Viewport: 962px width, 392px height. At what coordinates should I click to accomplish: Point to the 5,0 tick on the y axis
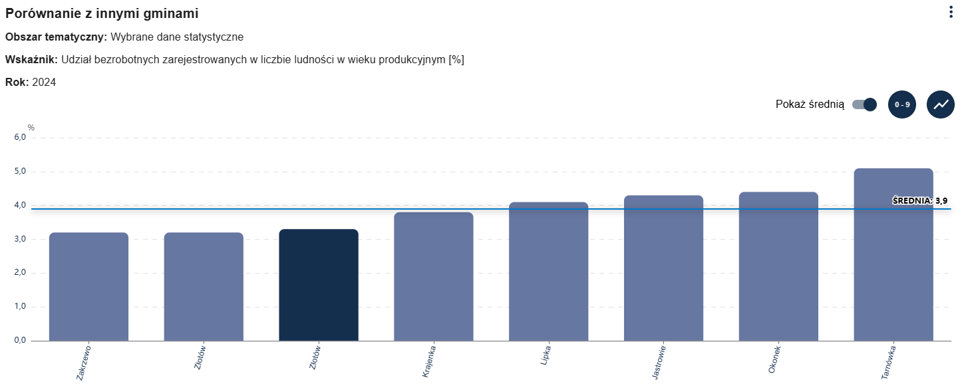click(x=19, y=172)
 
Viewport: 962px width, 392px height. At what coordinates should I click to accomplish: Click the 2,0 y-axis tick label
click(x=19, y=273)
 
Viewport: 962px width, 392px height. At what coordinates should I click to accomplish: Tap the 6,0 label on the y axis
click(x=19, y=138)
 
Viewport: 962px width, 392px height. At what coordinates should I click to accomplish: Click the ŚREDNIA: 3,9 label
click(x=919, y=200)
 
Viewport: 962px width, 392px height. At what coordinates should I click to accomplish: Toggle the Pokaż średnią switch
click(x=865, y=104)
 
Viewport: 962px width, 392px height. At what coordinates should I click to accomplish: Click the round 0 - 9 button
click(x=902, y=104)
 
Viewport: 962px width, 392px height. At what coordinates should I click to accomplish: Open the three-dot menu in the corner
click(x=951, y=12)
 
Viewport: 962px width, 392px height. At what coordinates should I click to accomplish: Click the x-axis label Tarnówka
click(x=888, y=362)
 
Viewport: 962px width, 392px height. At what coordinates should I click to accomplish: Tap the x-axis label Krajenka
click(x=429, y=361)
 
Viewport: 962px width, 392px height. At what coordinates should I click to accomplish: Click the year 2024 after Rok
click(x=44, y=83)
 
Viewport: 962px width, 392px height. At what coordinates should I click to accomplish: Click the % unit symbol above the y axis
click(x=31, y=128)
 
